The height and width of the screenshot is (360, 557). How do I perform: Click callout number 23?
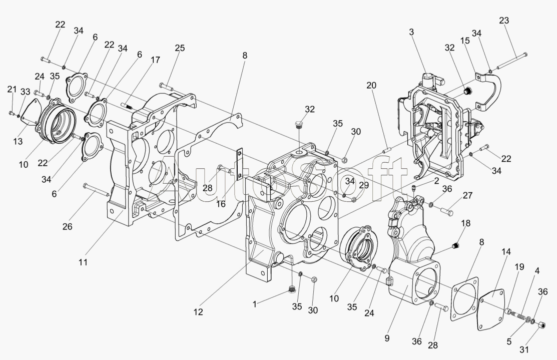504,21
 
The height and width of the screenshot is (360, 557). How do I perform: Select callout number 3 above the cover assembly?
411,32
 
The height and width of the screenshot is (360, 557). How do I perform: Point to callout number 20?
371,86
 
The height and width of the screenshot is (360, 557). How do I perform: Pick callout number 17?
155,60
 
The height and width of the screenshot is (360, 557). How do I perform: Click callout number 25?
180,48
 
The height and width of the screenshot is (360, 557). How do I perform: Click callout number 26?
67,226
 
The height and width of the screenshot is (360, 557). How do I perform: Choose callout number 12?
198,311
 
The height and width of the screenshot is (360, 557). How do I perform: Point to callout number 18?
465,223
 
